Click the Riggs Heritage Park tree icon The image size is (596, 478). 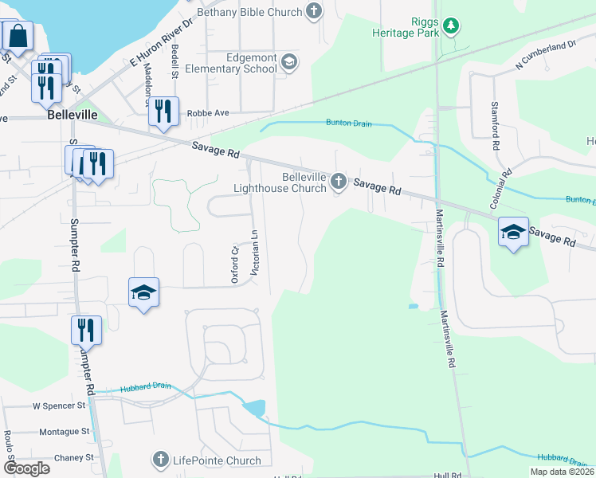452,25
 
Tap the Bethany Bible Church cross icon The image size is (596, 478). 315,11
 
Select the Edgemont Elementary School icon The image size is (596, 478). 288,62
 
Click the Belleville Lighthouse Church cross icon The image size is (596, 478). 339,182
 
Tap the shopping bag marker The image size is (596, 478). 18,36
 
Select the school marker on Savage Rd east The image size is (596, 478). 513,232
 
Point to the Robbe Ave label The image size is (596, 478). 208,113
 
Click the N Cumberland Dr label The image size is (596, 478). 546,53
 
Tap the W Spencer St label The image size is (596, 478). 58,406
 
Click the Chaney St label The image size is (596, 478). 73,458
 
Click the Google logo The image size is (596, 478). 27,468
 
